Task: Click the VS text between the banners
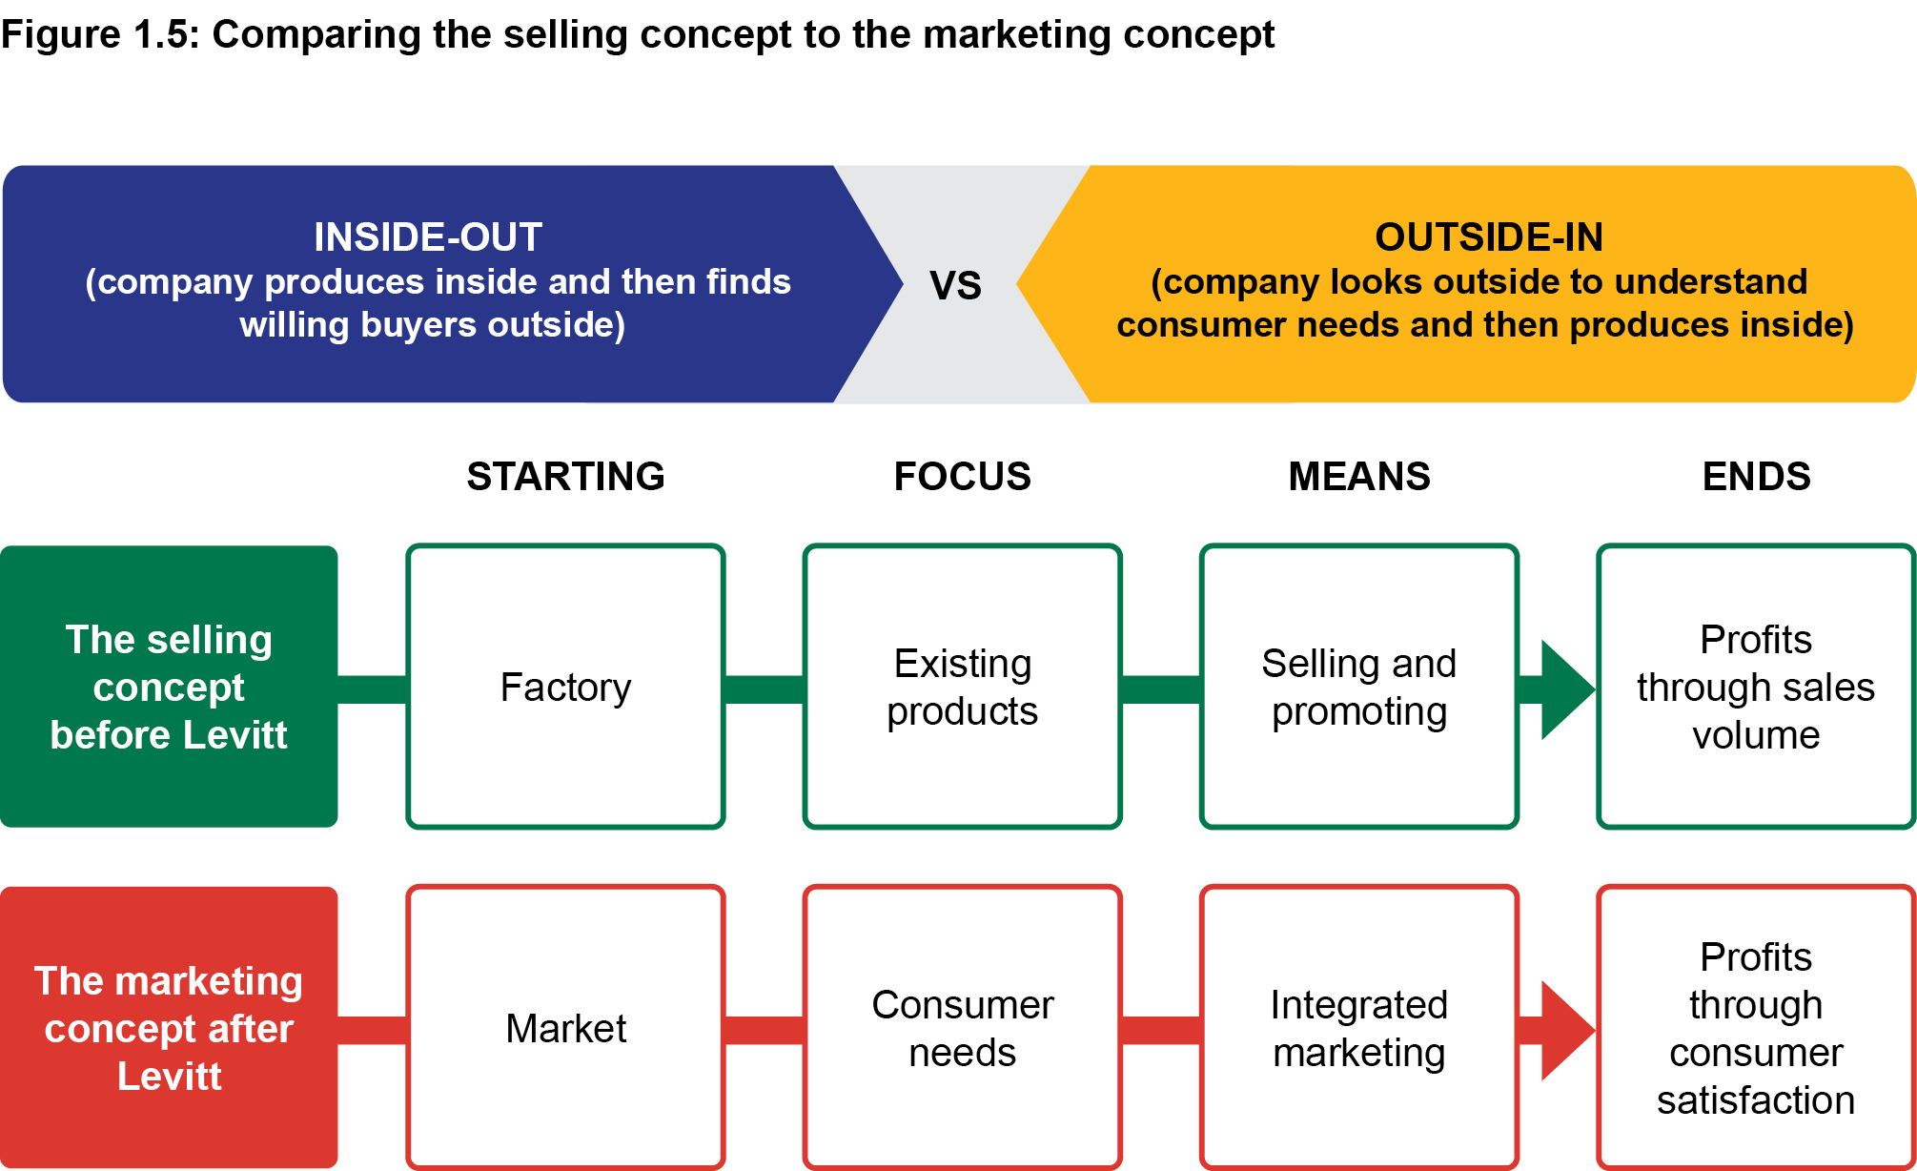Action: (x=955, y=285)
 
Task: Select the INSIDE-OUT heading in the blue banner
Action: (x=428, y=236)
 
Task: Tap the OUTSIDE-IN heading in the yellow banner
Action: (x=1488, y=236)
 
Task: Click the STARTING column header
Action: (x=565, y=476)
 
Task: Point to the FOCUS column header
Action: (x=962, y=476)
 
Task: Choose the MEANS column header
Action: (x=1358, y=476)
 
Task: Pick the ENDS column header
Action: (x=1756, y=476)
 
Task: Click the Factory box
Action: (x=565, y=687)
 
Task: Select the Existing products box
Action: (x=962, y=687)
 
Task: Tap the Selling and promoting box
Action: (x=1358, y=687)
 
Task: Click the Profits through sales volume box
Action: (x=1756, y=687)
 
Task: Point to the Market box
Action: (x=565, y=1028)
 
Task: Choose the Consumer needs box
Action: (x=962, y=1028)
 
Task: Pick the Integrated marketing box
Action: (x=1358, y=1028)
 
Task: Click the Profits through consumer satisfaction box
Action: (x=1756, y=1028)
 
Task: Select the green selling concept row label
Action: (x=169, y=687)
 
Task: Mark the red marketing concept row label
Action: (x=169, y=1028)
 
